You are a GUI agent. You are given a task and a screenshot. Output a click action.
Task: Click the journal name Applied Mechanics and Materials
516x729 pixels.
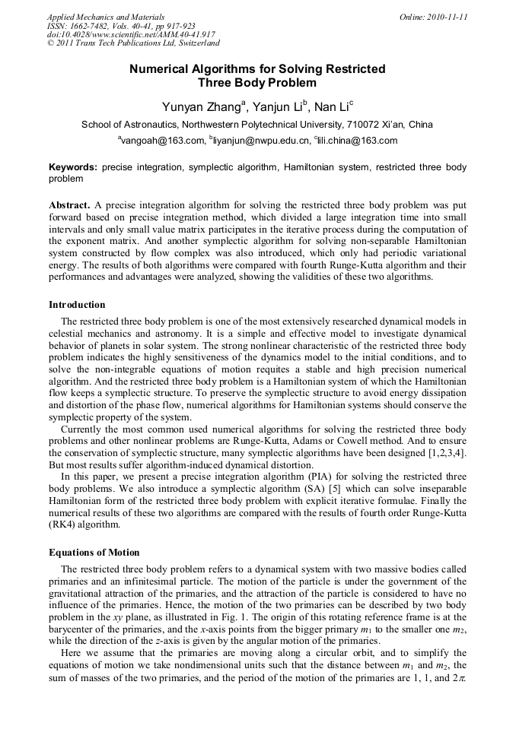click(x=106, y=17)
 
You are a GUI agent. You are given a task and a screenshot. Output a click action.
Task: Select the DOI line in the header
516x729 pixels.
click(x=131, y=35)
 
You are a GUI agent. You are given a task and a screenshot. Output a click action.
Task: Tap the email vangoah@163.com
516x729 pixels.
click(x=162, y=141)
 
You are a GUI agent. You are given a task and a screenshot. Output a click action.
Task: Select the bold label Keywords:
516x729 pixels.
click(x=73, y=167)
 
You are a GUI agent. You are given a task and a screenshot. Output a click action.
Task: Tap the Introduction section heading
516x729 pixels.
click(x=77, y=305)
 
